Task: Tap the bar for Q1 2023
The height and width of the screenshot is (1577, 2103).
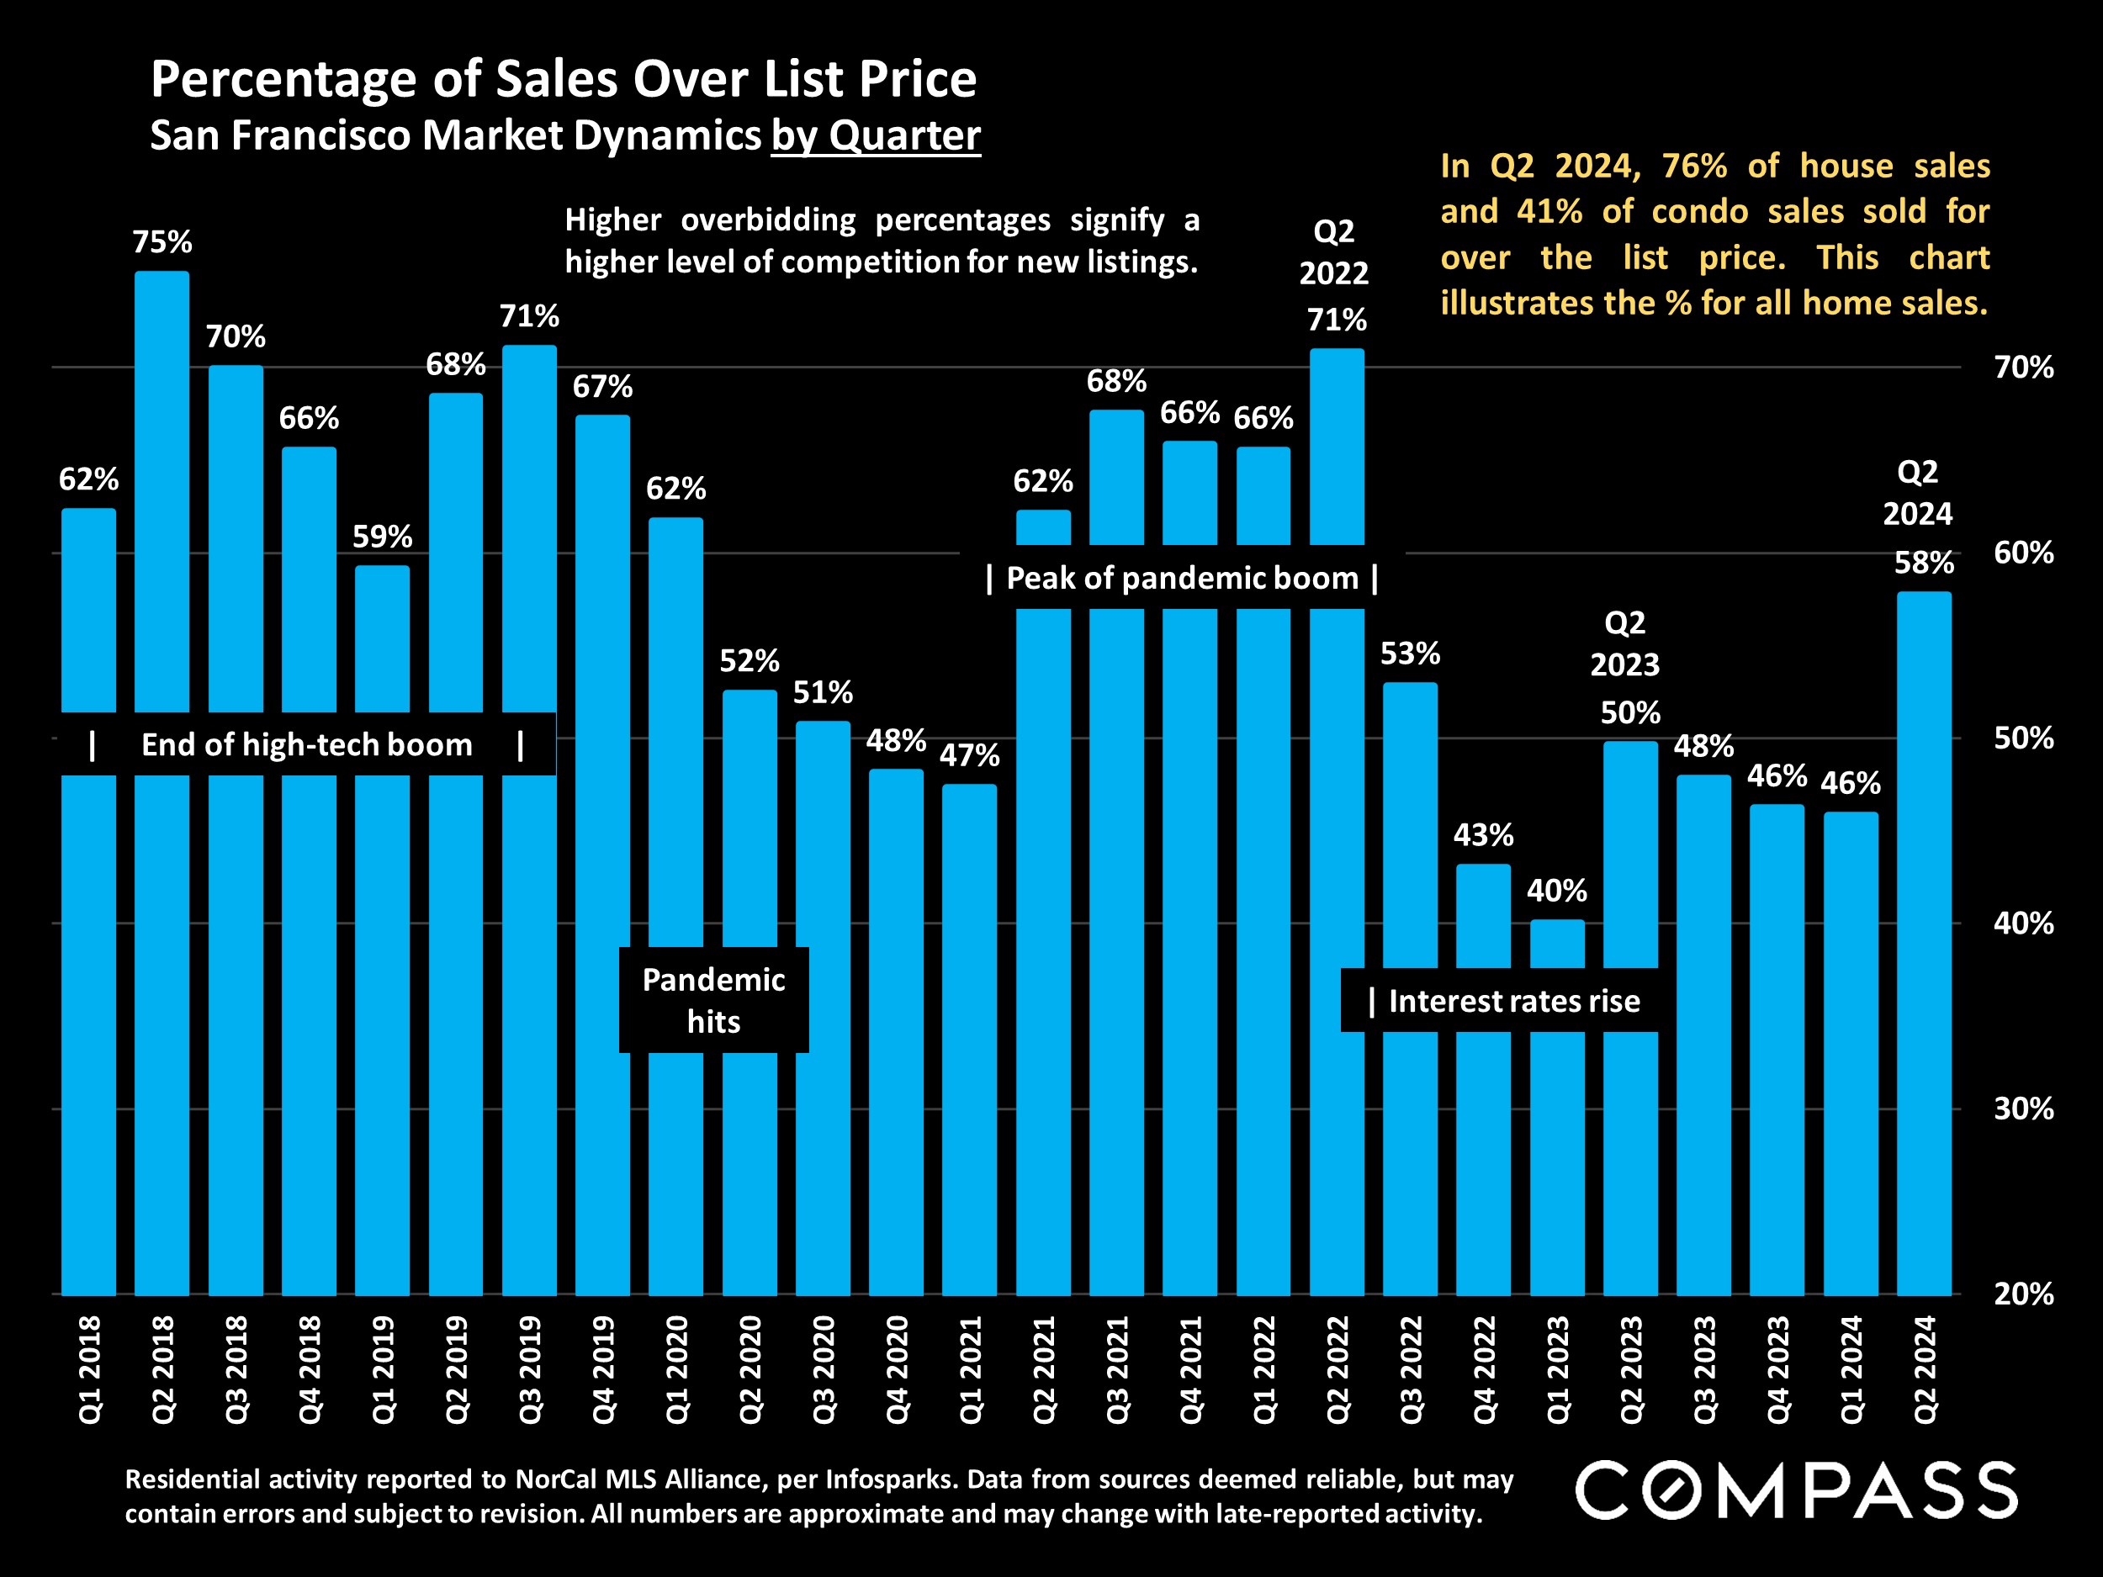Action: (x=1556, y=1140)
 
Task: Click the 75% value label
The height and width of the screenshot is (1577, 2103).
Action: (x=162, y=242)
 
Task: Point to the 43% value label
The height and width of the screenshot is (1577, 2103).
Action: (x=1483, y=834)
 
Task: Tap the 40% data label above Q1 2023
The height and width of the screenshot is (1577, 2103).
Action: (x=1556, y=891)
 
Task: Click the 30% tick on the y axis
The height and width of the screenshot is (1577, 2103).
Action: (x=2023, y=1109)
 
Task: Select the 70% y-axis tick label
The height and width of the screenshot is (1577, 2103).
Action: (x=2023, y=367)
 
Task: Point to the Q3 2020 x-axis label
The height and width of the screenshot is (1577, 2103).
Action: (x=824, y=1368)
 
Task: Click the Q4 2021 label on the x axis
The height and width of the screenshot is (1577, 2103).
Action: (x=1190, y=1368)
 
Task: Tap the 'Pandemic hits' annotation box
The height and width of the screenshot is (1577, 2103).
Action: (x=713, y=1000)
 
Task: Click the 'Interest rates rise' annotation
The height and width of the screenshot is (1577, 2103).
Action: (x=1512, y=1001)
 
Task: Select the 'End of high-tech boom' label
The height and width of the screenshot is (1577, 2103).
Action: (x=306, y=744)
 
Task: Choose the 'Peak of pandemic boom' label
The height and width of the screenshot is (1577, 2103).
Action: (x=1182, y=578)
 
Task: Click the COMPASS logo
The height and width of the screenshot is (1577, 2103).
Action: (x=1796, y=1490)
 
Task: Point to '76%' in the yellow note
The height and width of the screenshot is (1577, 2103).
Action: (x=1693, y=167)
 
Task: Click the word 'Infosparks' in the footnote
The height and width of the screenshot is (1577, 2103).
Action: (x=889, y=1479)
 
